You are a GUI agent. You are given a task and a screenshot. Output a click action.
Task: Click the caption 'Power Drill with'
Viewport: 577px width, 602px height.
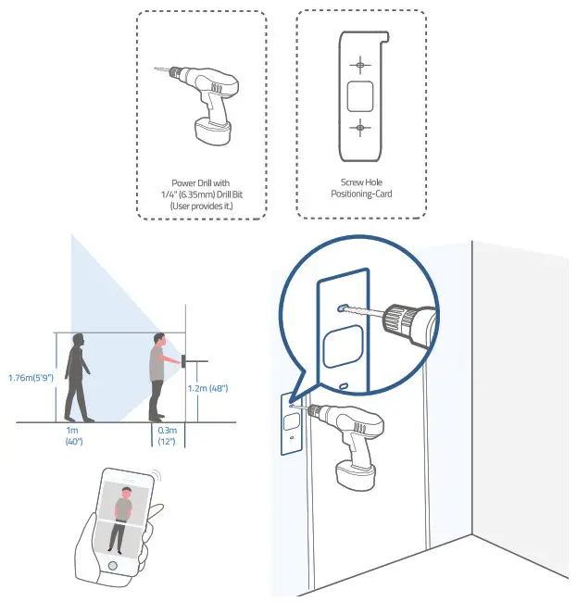pos(201,183)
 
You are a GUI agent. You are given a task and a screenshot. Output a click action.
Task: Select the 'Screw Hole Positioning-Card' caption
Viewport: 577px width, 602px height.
pos(361,189)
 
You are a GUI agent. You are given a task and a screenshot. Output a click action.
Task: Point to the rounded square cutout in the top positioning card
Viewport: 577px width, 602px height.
pos(359,95)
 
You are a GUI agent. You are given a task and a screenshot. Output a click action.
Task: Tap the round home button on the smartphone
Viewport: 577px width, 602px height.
pos(112,565)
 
